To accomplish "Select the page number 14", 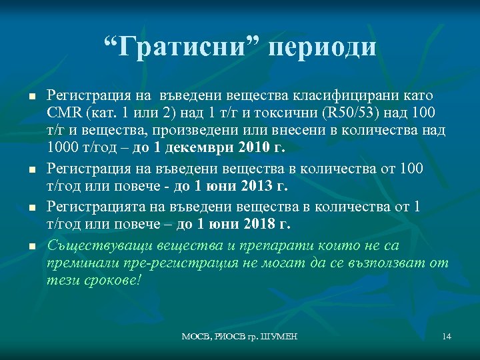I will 447,337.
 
